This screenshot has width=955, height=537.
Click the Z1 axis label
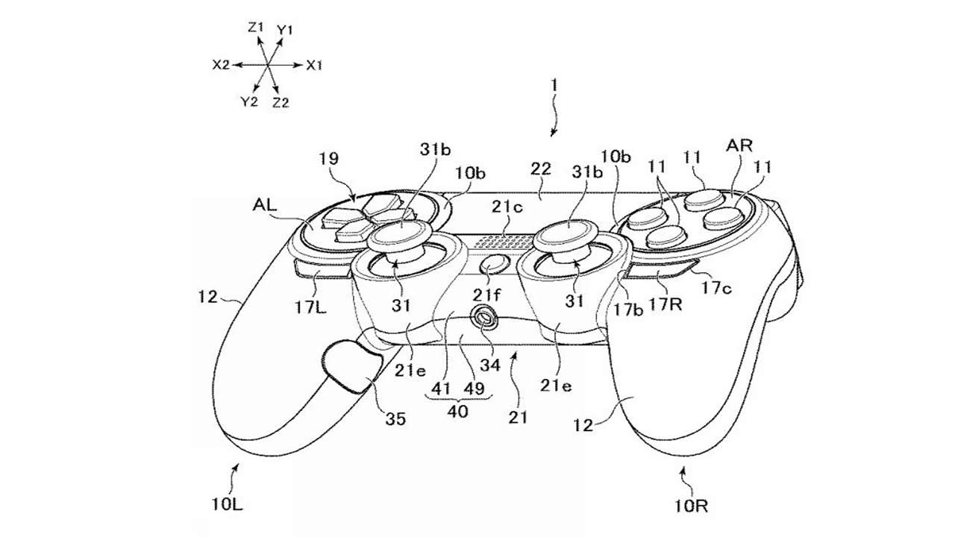[256, 27]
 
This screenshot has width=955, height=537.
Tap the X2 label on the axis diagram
[220, 66]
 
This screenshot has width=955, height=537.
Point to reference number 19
[328, 159]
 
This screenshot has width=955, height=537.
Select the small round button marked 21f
[495, 264]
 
